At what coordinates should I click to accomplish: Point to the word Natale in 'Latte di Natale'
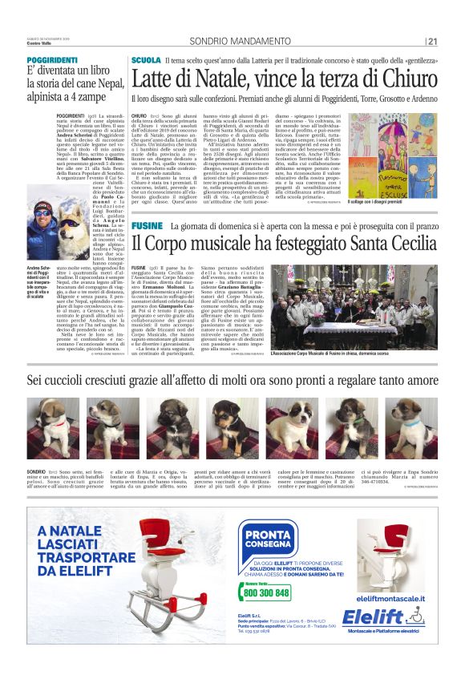[213, 79]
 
